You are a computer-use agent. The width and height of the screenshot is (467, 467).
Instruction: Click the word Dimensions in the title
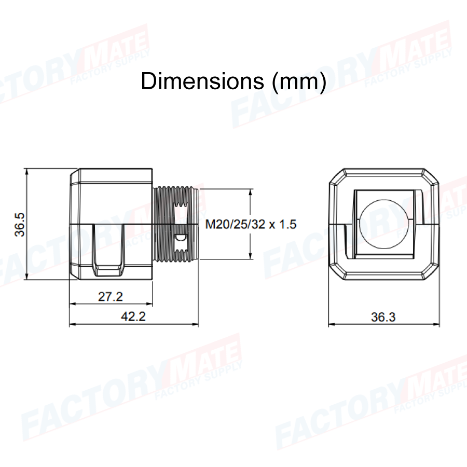tap(202, 81)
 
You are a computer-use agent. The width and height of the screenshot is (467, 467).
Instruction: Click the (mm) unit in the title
tap(299, 81)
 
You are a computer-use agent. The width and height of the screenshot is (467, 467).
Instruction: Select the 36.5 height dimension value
tap(20, 225)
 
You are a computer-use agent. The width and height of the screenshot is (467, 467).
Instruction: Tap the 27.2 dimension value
tap(111, 297)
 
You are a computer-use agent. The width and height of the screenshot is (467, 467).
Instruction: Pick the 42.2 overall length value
tap(133, 317)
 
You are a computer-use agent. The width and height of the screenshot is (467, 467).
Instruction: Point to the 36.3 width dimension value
tap(383, 317)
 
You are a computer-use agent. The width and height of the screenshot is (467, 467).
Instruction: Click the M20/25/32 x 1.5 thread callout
tap(251, 224)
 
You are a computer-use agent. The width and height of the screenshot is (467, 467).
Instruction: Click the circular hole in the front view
tap(384, 224)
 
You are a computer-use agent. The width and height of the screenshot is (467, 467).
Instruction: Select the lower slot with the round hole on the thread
tap(181, 241)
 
